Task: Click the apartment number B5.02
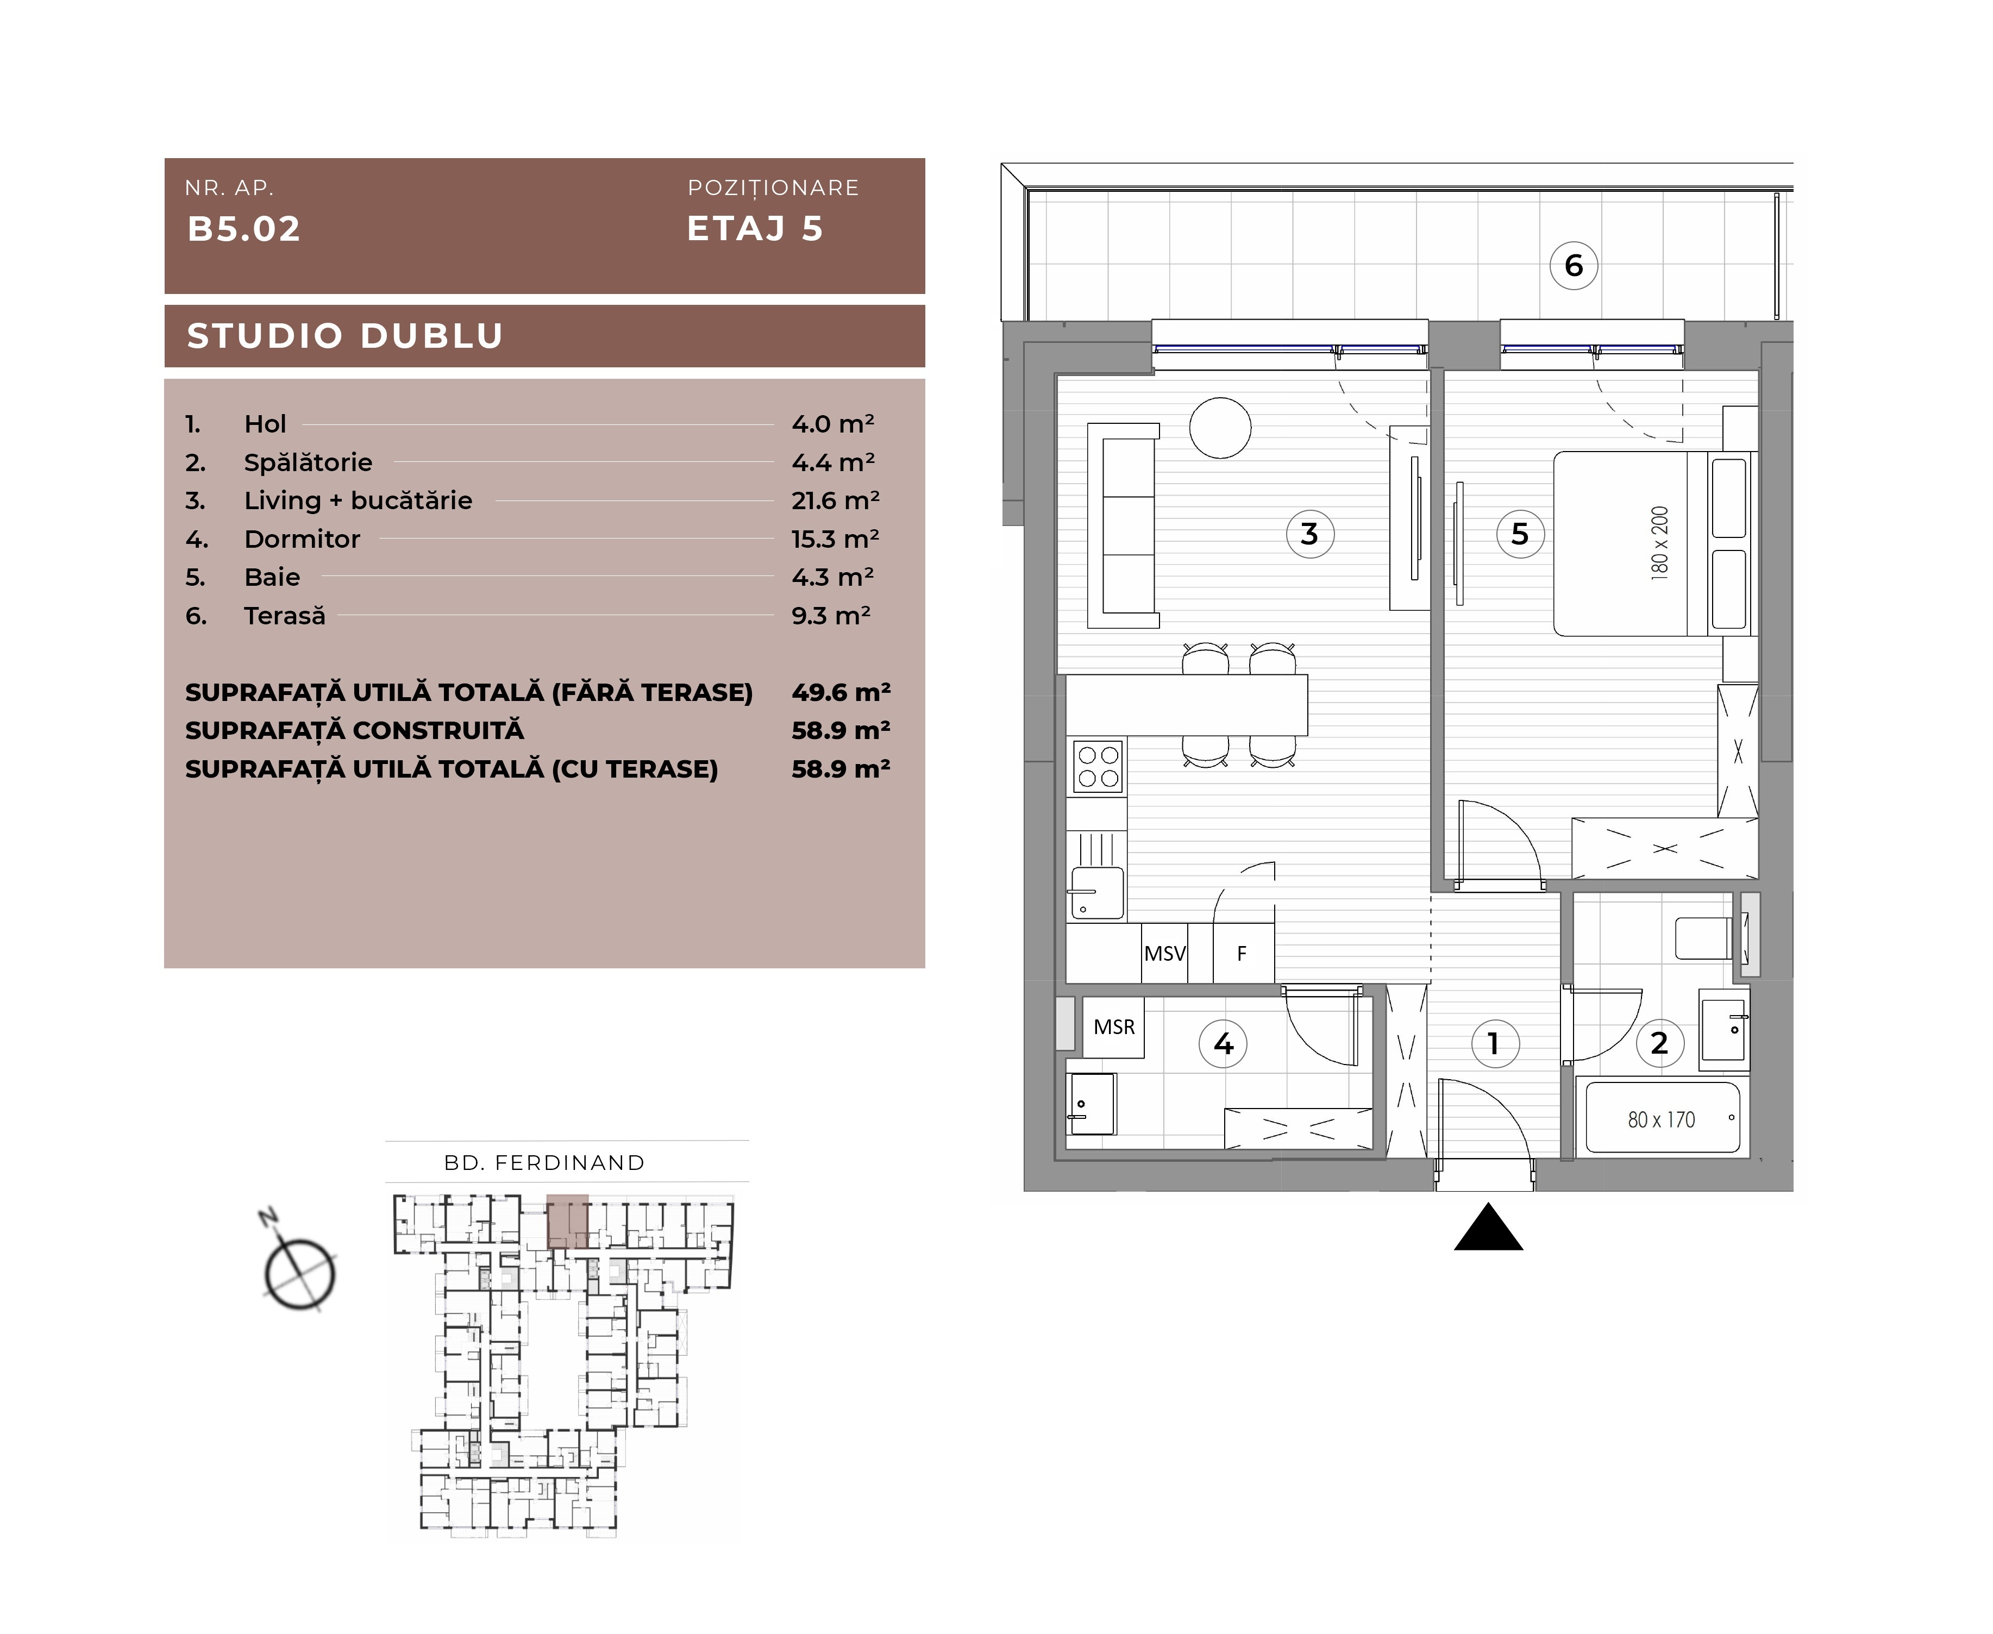pyautogui.click(x=244, y=229)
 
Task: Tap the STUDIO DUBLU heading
pyautogui.click(x=346, y=336)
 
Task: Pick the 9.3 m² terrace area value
pyautogui.click(x=831, y=616)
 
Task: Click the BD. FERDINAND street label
pyautogui.click(x=545, y=1162)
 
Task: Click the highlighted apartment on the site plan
pyautogui.click(x=567, y=1222)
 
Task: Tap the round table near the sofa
pyautogui.click(x=1220, y=427)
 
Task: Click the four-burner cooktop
pyautogui.click(x=1098, y=767)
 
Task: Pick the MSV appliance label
pyautogui.click(x=1165, y=954)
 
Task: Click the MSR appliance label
pyautogui.click(x=1114, y=1027)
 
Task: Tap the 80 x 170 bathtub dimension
pyautogui.click(x=1661, y=1119)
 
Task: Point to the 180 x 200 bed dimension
pyautogui.click(x=1659, y=543)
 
